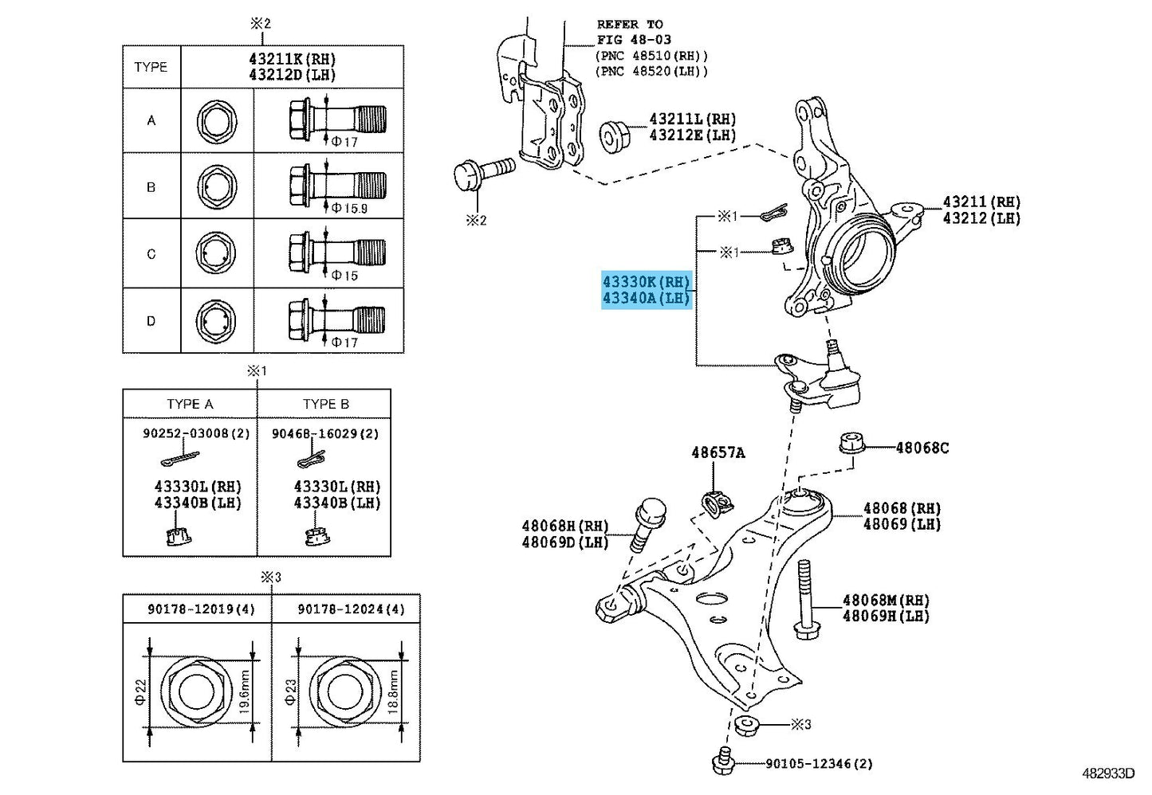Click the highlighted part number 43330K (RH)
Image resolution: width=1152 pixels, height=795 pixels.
point(646,282)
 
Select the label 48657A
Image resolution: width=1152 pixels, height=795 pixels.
point(718,452)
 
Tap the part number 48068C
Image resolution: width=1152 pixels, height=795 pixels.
point(922,448)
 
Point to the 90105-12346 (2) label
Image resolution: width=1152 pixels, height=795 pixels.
point(820,764)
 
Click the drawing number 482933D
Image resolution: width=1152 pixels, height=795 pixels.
point(1108,773)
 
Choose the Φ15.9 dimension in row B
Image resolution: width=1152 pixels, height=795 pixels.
point(350,208)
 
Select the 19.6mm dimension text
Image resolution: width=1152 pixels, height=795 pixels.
point(244,691)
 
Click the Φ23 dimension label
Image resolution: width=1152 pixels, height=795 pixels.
point(290,691)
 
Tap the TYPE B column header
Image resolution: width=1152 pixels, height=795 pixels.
point(325,404)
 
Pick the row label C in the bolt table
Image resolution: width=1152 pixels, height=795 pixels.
point(151,254)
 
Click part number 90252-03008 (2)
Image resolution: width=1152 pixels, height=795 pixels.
point(196,433)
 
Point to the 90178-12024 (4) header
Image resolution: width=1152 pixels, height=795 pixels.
point(352,609)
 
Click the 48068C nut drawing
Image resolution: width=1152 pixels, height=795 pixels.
point(851,444)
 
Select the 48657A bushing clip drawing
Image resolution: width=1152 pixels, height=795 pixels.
point(718,506)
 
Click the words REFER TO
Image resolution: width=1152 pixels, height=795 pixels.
point(630,24)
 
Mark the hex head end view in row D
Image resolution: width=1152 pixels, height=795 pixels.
point(217,321)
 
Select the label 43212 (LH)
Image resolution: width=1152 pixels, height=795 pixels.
point(981,218)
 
